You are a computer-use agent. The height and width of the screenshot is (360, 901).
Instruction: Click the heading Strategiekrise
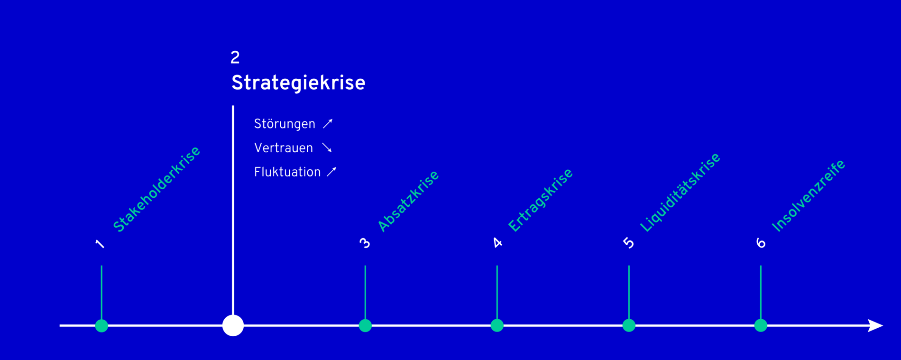click(298, 83)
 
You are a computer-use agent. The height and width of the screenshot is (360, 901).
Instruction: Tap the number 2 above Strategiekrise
click(235, 58)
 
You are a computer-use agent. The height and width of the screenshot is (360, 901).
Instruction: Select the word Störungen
click(285, 124)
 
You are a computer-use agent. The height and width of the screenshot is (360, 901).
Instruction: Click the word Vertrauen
click(284, 148)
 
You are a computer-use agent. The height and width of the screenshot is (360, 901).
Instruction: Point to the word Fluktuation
click(287, 172)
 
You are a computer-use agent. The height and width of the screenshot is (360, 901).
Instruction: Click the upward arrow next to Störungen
click(328, 124)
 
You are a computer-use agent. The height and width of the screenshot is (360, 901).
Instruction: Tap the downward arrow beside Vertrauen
click(327, 148)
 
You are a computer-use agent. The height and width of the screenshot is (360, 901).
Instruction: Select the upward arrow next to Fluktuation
click(331, 172)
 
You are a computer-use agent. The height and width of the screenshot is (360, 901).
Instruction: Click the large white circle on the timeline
click(233, 325)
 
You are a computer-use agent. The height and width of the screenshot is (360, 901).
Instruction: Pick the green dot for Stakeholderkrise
click(101, 325)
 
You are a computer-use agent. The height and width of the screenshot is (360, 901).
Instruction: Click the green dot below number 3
click(365, 325)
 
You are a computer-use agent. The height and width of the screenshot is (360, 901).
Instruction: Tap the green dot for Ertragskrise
click(497, 325)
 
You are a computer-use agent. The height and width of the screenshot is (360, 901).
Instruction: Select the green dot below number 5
click(629, 325)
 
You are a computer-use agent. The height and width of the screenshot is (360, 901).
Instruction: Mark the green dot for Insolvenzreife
click(761, 325)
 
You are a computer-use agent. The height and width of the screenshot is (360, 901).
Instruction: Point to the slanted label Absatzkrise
click(408, 201)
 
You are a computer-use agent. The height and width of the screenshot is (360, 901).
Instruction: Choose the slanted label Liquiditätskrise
click(680, 193)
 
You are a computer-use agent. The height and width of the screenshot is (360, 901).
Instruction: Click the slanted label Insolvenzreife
click(809, 196)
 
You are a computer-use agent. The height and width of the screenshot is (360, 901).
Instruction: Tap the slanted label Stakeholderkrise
click(156, 189)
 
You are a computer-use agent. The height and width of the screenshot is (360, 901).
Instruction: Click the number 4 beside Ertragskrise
click(497, 243)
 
